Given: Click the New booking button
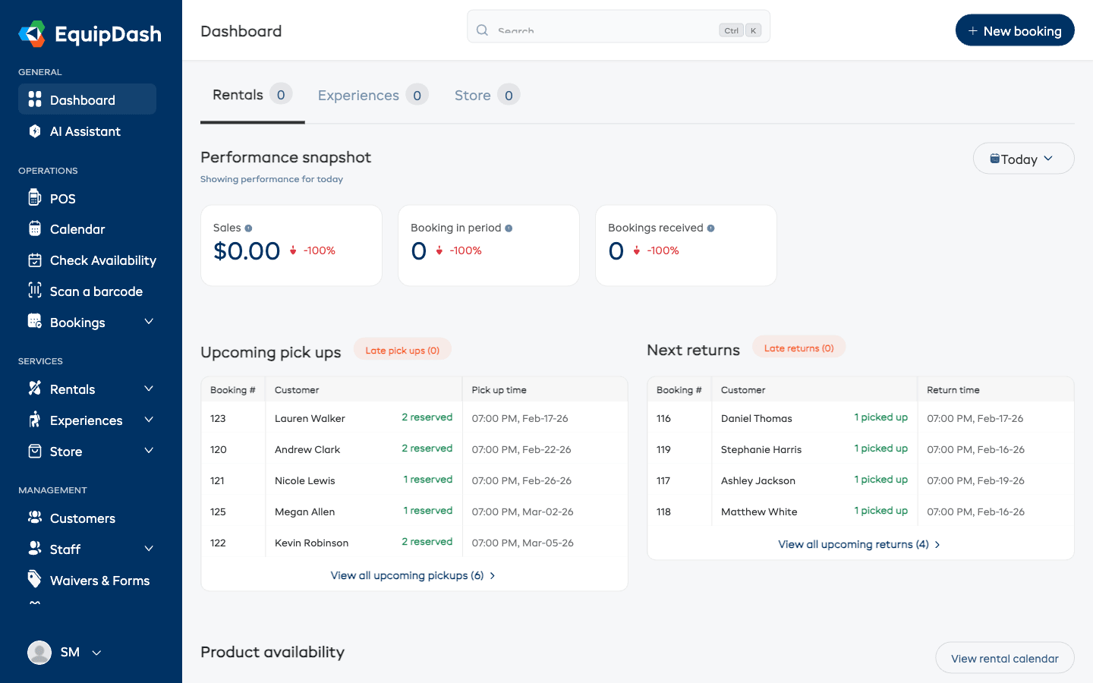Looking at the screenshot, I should pyautogui.click(x=1014, y=31).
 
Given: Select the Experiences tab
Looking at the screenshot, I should pyautogui.click(x=358, y=96).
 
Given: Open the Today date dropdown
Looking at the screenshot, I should pyautogui.click(x=1022, y=159).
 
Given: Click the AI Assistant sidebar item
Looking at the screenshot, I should pyautogui.click(x=85, y=131).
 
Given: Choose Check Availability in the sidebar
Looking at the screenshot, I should pyautogui.click(x=102, y=260).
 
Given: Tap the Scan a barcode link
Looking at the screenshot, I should pyautogui.click(x=96, y=291).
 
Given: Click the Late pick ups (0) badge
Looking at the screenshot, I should pyautogui.click(x=402, y=350).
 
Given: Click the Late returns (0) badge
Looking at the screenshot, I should pyautogui.click(x=798, y=348).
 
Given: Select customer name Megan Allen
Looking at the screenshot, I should pyautogui.click(x=304, y=511).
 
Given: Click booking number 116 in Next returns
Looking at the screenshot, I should pyautogui.click(x=664, y=418).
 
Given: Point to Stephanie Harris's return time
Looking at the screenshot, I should pyautogui.click(x=975, y=449).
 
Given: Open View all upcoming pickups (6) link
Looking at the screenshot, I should pyautogui.click(x=408, y=575).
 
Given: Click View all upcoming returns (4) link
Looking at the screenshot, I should pyautogui.click(x=853, y=544).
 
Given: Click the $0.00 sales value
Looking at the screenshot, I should pyautogui.click(x=247, y=251).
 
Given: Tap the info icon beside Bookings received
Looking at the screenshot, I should pyautogui.click(x=711, y=228).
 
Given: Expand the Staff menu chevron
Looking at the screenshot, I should pyautogui.click(x=149, y=549).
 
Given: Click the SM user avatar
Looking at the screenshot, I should pyautogui.click(x=39, y=652).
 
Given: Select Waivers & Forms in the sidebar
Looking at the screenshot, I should pyautogui.click(x=99, y=581).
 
